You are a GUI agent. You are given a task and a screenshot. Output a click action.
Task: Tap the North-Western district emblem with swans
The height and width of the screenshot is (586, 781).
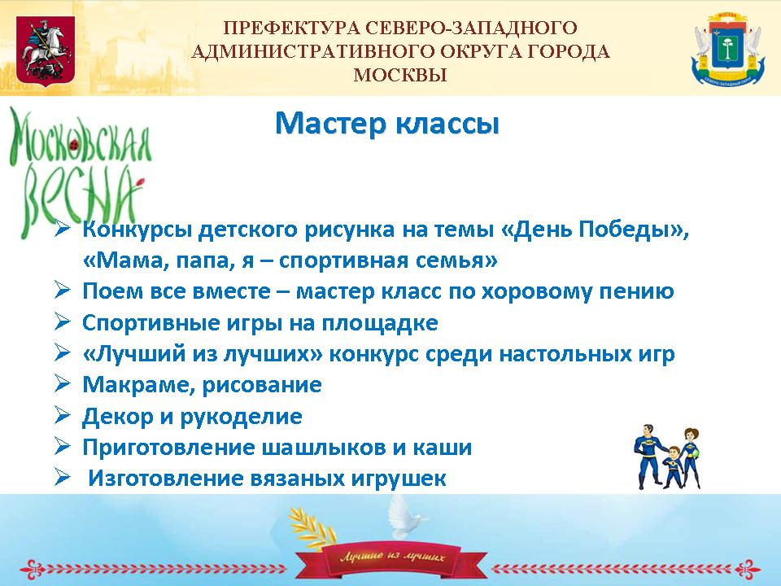pos(727,49)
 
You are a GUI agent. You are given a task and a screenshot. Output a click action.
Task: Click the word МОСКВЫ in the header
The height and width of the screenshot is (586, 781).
pos(400,75)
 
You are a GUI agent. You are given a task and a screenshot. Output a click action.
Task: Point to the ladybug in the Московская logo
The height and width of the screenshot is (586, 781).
pos(76,145)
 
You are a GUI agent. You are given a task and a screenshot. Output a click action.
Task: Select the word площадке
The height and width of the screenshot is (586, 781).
pos(380,323)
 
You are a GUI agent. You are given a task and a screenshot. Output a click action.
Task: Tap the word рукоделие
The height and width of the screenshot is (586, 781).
pos(241,417)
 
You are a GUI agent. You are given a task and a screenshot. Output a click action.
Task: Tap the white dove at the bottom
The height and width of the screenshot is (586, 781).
pos(404,514)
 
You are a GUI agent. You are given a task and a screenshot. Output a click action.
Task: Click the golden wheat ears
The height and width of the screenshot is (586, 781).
pos(312,528)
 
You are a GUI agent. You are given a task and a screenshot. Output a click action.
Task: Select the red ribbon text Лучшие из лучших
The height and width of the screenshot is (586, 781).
pos(392,556)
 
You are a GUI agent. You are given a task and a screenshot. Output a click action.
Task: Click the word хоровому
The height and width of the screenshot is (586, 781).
pos(536,292)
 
